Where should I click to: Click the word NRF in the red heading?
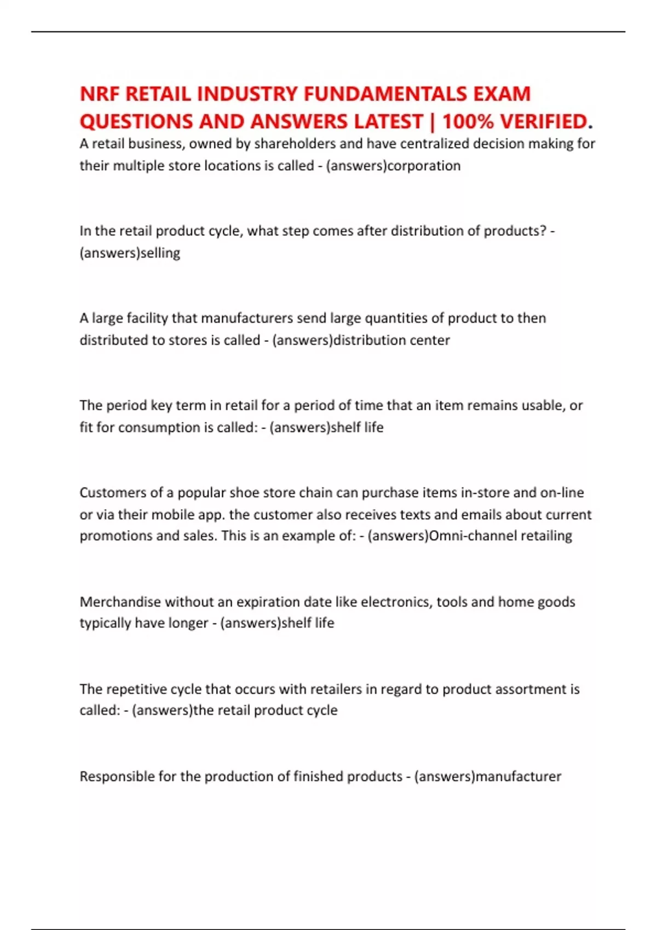pos(100,94)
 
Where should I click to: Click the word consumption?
pos(164,427)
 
